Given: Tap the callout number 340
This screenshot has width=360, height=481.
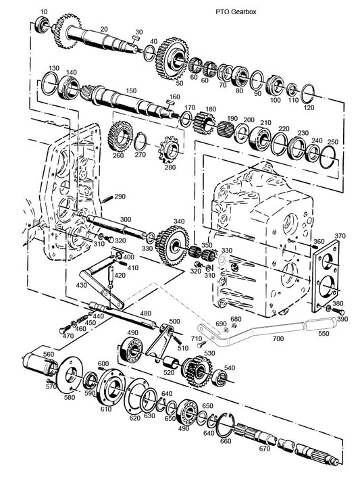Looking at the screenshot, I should [178, 222].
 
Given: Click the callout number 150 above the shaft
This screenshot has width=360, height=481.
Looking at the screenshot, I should [131, 90].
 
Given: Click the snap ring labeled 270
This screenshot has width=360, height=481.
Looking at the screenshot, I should [142, 144].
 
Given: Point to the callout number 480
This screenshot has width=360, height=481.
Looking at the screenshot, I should [145, 313].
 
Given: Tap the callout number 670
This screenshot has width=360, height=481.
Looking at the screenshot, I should [264, 449].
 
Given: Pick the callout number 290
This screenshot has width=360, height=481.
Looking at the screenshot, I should [120, 197].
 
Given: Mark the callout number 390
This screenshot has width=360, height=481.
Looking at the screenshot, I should [342, 319].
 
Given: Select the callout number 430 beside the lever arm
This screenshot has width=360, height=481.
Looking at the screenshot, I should [81, 286].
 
